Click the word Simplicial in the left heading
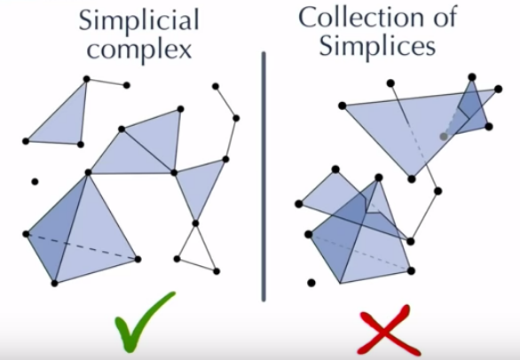[139, 20]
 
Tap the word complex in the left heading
[139, 51]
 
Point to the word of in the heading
[445, 17]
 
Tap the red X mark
[389, 331]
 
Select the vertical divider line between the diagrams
[264, 176]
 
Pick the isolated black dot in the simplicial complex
[35, 182]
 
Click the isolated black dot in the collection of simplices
[311, 283]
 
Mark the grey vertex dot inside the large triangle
[444, 137]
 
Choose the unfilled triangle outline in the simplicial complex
[195, 247]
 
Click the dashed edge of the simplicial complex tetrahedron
[82, 247]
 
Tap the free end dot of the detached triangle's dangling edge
[126, 85]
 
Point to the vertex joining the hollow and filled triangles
[195, 223]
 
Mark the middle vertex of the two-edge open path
[236, 118]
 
